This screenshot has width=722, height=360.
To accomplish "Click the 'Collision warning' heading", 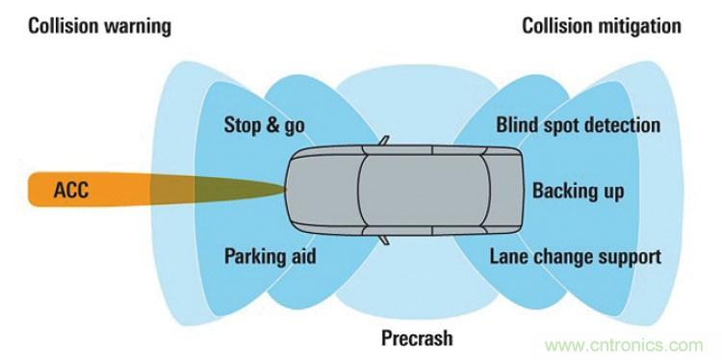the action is coord(99,27).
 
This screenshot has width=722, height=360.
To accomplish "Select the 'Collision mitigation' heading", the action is coord(602,27).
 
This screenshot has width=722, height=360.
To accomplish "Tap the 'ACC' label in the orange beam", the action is coord(71,190).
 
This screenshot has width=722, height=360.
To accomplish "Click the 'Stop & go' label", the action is coord(265,126).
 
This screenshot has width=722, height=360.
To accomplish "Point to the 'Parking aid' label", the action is coord(271,256).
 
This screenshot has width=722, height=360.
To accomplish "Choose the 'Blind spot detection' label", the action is coord(579,126).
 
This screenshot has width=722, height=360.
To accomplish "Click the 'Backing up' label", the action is coord(579,191).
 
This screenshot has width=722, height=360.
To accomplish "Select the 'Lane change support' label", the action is coord(575,257).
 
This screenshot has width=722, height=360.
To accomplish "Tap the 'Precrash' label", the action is coord(417,339).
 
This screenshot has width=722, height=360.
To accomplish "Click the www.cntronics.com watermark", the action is coord(624,346).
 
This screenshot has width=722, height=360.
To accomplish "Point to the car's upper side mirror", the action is coord(383,141).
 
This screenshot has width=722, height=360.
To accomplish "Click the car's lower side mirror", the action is coord(383,240).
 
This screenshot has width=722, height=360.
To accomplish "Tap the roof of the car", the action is coord(424,190).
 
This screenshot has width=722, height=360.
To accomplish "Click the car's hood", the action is coord(322,190).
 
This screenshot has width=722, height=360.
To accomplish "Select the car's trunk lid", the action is coord(503,190).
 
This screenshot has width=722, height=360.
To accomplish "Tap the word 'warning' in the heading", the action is coord(138,27).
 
